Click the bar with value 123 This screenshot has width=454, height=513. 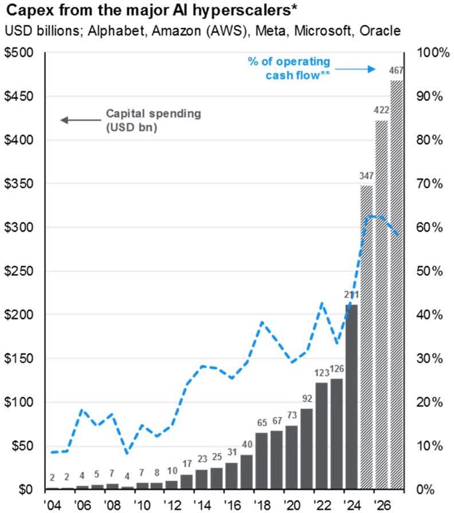coord(321,436)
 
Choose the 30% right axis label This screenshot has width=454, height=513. coord(430,359)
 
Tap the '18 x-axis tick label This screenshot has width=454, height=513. coord(262,504)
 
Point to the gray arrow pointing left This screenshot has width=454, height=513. coord(79,120)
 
